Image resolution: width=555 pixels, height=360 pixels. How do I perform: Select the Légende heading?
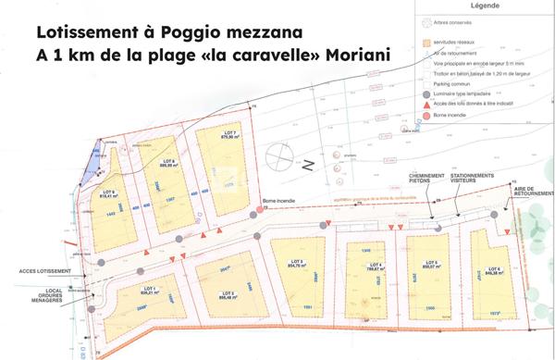(485, 5)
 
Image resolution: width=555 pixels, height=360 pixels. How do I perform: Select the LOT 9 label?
(109, 192)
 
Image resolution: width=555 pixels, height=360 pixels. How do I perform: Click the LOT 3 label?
(297, 262)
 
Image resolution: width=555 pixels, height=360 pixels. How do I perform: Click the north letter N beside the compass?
(309, 166)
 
